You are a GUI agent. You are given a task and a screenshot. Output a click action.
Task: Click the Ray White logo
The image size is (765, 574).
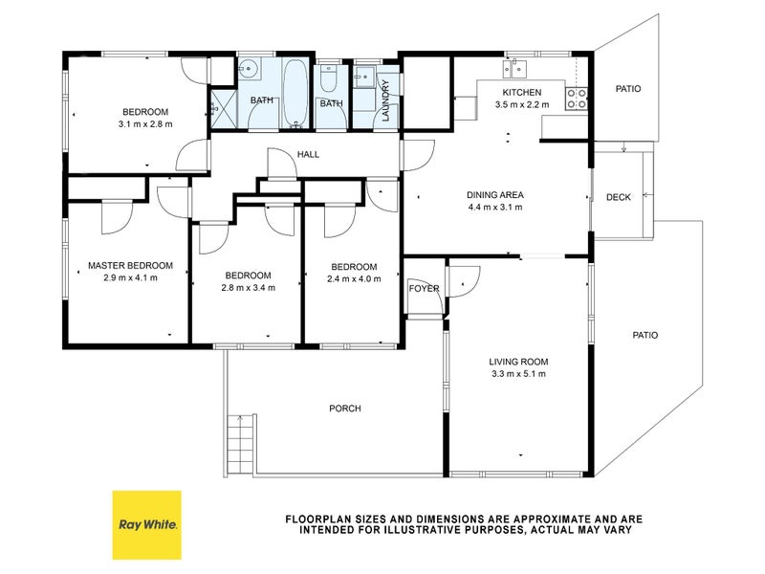(147, 524)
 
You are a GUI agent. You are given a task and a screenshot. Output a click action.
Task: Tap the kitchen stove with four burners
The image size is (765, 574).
(577, 99)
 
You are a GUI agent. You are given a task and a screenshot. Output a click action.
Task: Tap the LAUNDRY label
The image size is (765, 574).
(386, 100)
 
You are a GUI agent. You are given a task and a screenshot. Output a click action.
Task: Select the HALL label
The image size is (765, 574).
(308, 154)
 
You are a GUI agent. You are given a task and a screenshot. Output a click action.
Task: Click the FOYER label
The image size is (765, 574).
(424, 289)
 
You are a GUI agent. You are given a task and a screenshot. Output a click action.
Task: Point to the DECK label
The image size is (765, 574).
(618, 197)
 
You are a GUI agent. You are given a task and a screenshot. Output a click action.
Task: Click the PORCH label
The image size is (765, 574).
(345, 408)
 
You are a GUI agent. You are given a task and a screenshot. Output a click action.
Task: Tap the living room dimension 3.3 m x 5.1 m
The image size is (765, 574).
(518, 374)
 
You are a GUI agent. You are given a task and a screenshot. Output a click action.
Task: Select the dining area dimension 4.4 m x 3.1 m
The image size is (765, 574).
(495, 207)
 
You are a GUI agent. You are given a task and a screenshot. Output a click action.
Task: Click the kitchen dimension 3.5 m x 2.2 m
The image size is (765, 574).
(521, 104)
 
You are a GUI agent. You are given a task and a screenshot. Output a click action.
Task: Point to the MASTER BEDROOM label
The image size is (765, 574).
(130, 266)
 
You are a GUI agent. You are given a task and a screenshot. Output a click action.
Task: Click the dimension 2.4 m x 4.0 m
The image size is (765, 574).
(354, 279)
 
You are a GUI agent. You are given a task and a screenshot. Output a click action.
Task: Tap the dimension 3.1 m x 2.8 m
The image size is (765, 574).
(145, 124)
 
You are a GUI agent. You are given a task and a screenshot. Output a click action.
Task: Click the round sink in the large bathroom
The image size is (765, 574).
(250, 68)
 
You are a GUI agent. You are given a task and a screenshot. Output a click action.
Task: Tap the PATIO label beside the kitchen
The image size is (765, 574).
(628, 89)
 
